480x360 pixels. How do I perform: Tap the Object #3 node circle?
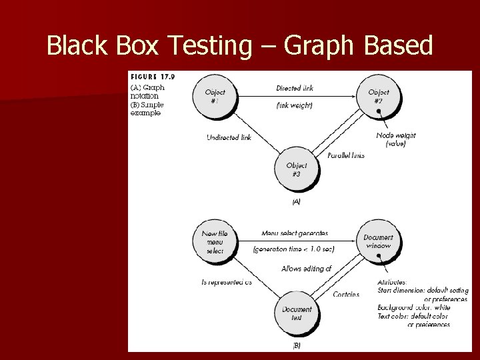[x=297, y=169]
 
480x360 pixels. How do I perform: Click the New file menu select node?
[x=215, y=242]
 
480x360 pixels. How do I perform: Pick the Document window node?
[x=378, y=241]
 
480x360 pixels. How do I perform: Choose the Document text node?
[x=297, y=313]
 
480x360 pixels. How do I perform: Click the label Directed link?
[x=294, y=89]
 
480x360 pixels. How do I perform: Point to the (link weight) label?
[x=294, y=106]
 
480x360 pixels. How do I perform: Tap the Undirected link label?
[x=229, y=138]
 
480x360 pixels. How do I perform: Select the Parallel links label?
[x=346, y=155]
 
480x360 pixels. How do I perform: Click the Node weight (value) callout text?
[x=395, y=139]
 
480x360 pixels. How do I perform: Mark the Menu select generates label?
[x=294, y=233]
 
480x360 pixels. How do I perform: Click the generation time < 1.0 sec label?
[x=294, y=249]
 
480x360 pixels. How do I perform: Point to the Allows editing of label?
[x=306, y=269]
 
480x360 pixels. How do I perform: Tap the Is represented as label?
[x=227, y=282]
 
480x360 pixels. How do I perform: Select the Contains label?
[x=345, y=294]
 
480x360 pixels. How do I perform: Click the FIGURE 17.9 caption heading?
[x=153, y=77]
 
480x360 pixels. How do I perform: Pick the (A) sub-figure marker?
[x=296, y=201]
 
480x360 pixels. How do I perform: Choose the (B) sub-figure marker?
[x=297, y=345]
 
